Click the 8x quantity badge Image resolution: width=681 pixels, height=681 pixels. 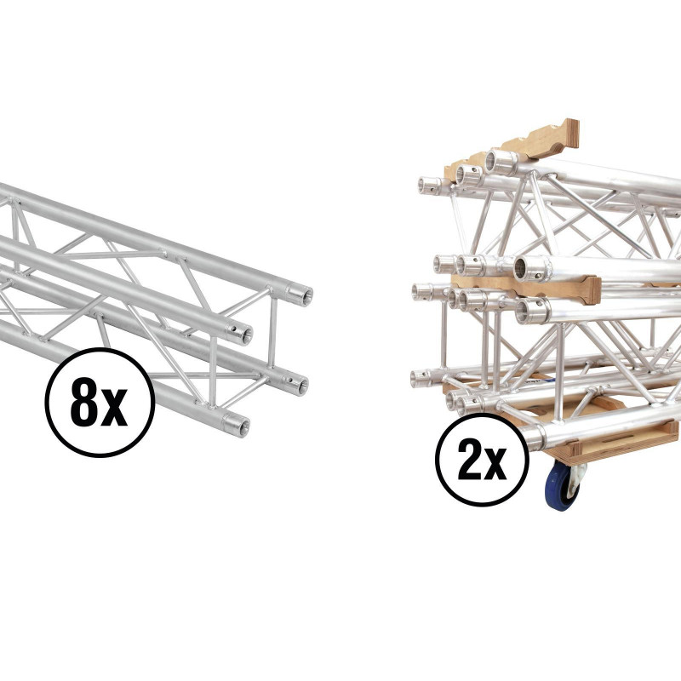tap(100, 402)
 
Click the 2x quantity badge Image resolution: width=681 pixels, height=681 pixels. tap(482, 460)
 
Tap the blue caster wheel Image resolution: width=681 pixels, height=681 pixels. tap(561, 485)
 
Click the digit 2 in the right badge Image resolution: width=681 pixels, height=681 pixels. tap(470, 460)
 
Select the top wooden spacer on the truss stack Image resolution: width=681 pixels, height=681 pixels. tap(512, 147)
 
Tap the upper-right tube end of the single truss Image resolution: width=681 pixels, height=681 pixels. tap(300, 295)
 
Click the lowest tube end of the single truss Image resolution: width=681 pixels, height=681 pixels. tap(237, 425)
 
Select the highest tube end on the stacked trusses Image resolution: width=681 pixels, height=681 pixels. tap(501, 162)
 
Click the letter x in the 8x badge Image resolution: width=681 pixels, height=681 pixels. tap(113, 409)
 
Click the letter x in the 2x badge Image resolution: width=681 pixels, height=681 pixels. tap(495, 466)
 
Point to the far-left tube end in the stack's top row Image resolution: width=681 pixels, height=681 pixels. tap(428, 186)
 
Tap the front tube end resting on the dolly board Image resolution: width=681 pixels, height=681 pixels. tap(534, 438)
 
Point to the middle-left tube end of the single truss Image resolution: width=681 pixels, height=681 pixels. tap(240, 334)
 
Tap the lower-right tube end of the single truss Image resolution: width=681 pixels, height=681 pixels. tap(295, 384)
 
